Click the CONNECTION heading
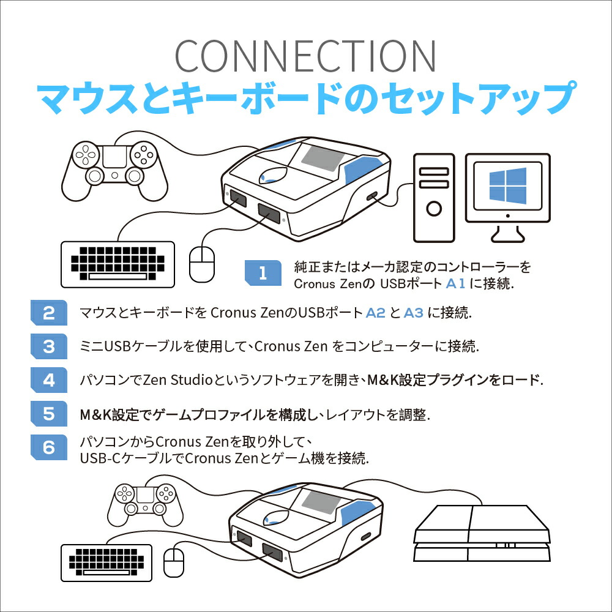(305, 56)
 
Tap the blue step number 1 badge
(263, 273)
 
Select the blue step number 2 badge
(48, 313)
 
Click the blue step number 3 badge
(48, 347)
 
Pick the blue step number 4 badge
(48, 380)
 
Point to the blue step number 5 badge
(48, 414)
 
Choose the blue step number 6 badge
(48, 447)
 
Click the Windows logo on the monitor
(507, 186)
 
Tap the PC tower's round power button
(434, 208)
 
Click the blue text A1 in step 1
(456, 284)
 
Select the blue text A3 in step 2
(414, 313)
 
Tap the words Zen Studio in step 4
(177, 380)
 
